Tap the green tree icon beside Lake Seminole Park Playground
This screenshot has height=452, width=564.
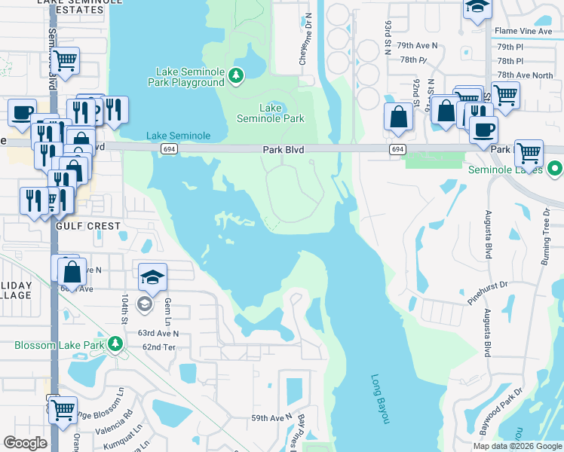coord(236,75)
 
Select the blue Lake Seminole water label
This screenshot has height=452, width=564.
coord(178,136)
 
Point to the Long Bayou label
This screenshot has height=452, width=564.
coord(379,399)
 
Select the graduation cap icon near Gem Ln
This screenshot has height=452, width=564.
coord(152,276)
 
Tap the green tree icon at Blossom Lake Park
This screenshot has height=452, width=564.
coord(115,344)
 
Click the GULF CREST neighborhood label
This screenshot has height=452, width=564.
coord(87,226)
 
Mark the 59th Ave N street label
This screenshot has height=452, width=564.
coord(271,417)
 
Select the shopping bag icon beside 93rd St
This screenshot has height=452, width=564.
coord(397,117)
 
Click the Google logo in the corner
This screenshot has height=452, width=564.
coord(25,443)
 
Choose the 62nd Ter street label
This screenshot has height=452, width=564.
coord(159,347)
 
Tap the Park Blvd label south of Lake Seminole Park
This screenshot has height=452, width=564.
coord(283,150)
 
